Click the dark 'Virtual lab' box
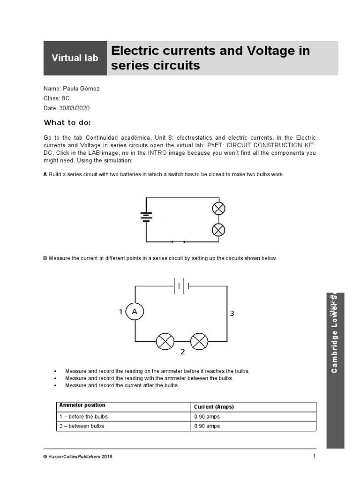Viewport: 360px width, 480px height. pyautogui.click(x=75, y=58)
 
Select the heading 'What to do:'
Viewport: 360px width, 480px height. pyautogui.click(x=67, y=123)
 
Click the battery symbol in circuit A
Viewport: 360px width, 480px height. pyautogui.click(x=146, y=216)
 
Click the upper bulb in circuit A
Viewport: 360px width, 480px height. pyautogui.click(x=218, y=208)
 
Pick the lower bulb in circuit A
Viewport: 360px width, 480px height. pyautogui.click(x=218, y=230)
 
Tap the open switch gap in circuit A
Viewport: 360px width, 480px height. pyautogui.click(x=178, y=242)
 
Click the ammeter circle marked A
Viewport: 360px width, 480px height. pyautogui.click(x=135, y=312)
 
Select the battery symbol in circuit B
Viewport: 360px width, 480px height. pyautogui.click(x=181, y=285)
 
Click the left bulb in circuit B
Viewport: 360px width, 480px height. pyautogui.click(x=165, y=341)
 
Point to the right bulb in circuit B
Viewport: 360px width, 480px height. pyautogui.click(x=199, y=341)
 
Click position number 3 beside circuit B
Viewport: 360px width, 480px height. pyautogui.click(x=232, y=314)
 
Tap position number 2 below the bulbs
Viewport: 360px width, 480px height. pyautogui.click(x=182, y=352)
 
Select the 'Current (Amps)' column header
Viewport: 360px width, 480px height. pyautogui.click(x=214, y=407)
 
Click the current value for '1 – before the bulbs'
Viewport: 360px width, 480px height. pyautogui.click(x=207, y=417)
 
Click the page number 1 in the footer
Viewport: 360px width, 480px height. pyautogui.click(x=315, y=456)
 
